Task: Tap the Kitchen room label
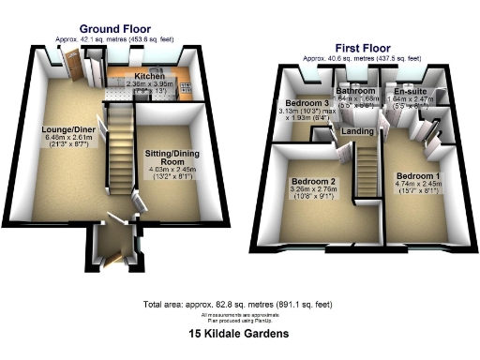click(x=150, y=75)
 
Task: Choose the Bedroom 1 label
click(x=415, y=176)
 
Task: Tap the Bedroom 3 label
click(x=307, y=102)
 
